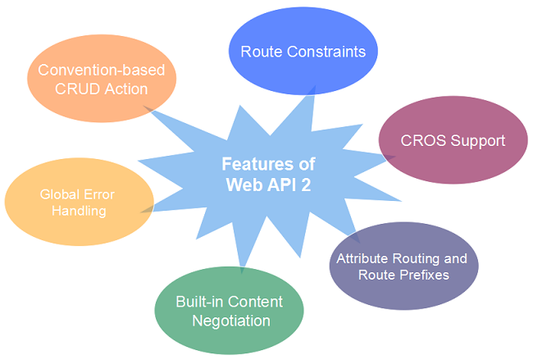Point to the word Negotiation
tap(230, 320)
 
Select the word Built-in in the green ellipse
tap(198, 301)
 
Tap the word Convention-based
tap(102, 70)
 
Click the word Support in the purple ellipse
tap(476, 140)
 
